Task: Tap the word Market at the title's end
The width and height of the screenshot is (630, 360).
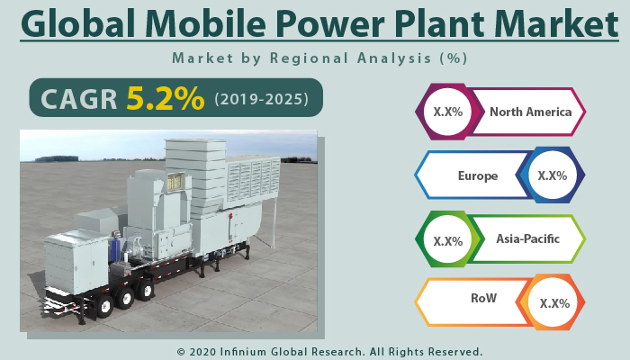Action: coord(553,23)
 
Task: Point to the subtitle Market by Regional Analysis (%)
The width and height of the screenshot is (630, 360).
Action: coord(319,58)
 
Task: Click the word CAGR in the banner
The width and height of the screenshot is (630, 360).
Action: coord(76,99)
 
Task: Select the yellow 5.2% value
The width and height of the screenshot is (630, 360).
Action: coord(165,98)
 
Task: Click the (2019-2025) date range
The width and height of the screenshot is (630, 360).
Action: coord(262,99)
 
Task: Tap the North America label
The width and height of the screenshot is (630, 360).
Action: coord(530,112)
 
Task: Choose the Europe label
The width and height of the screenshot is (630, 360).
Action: coord(477,175)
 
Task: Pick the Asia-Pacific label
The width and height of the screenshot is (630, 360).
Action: coord(527,239)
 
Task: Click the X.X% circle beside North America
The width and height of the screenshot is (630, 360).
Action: coord(447,112)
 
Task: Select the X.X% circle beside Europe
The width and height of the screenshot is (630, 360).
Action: coord(552,175)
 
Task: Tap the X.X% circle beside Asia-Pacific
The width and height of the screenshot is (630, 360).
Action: coord(447,240)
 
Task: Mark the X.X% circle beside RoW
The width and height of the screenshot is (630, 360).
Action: coord(553,303)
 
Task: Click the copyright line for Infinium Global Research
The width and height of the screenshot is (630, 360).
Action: coord(329,351)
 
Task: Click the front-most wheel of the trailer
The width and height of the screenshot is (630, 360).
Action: coord(104,306)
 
